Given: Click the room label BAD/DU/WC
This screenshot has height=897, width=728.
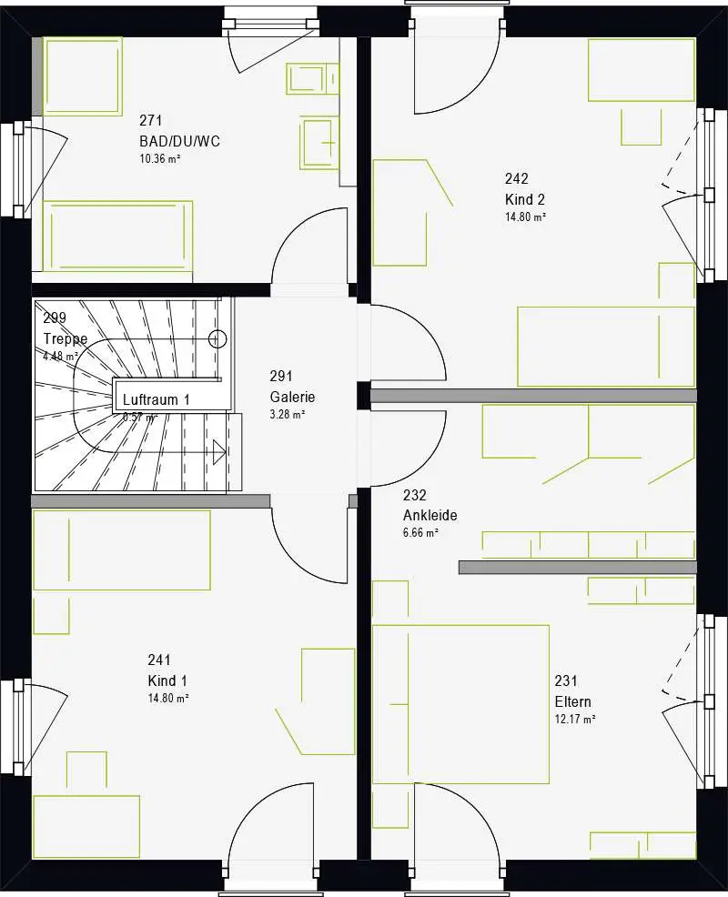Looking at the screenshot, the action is pos(179,141).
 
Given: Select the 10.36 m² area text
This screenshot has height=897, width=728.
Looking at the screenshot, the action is pos(158,159).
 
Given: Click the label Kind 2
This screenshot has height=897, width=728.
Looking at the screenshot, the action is pos(525,199).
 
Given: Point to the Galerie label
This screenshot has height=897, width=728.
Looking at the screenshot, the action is pos(292,397).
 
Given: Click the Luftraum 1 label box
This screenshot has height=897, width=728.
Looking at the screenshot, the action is pos(156,399).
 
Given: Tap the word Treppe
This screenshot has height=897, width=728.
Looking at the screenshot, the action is pos(65,339).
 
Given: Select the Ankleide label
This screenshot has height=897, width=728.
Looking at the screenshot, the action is pos(430,515).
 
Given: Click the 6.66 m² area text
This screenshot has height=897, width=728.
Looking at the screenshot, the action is pos(421,533).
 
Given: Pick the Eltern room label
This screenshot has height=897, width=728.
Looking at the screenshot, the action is pos(573,701).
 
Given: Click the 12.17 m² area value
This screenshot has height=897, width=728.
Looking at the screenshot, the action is pos(575,720).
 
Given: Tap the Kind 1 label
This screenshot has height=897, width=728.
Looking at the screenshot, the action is pos(168,680).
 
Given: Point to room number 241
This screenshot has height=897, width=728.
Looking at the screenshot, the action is pos(159,660).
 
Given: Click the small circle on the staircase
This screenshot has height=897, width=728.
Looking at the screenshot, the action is pos(217,339).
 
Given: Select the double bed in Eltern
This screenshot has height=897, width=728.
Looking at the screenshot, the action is pos(460,703).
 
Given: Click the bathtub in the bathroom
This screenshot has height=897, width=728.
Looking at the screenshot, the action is pos(118,236).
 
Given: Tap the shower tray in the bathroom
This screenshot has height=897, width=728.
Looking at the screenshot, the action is pos(83,76).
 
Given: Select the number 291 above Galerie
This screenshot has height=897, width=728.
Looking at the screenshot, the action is pos(280,376).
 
